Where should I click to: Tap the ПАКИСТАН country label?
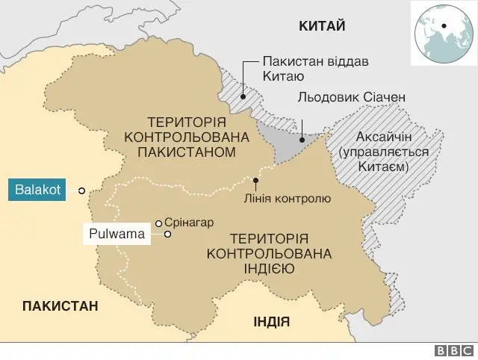point(60,306)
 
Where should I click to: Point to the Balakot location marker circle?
point(80,191)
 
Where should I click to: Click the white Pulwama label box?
point(117,235)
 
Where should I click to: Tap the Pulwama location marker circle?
point(167,235)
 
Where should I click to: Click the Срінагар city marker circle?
point(158,222)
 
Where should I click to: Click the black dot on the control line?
point(255,180)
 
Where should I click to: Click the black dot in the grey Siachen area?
point(300,139)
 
